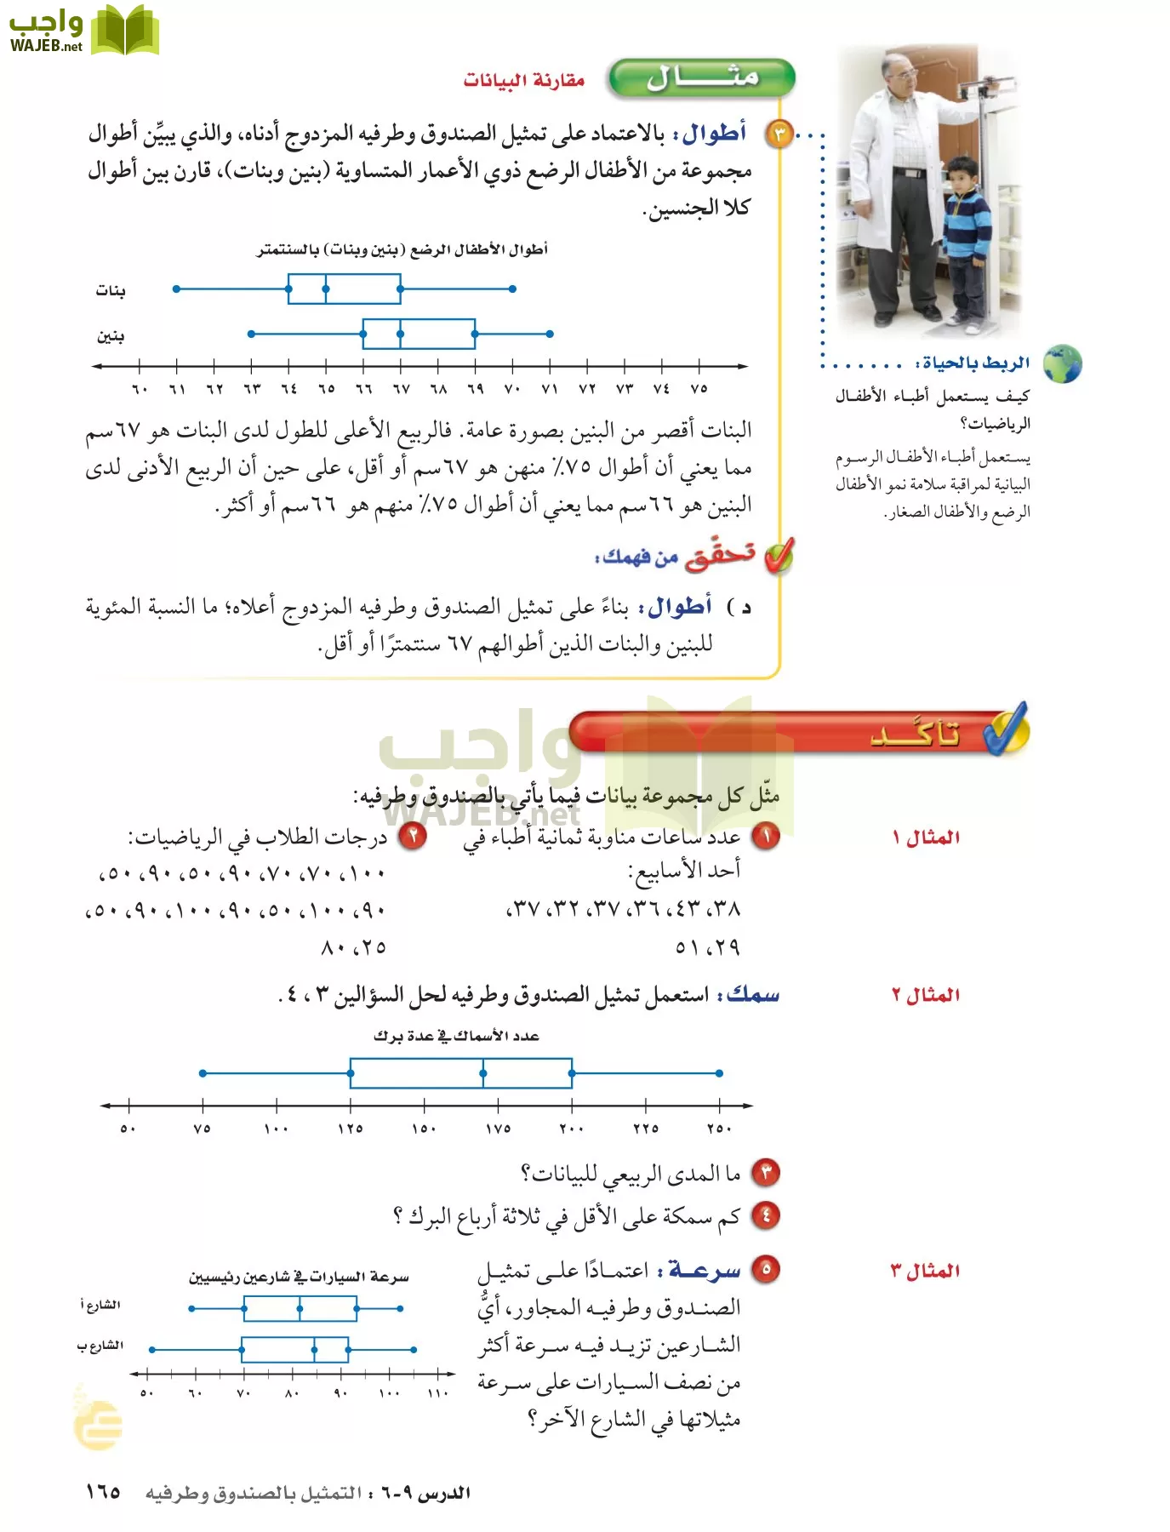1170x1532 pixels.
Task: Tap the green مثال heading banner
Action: [x=702, y=78]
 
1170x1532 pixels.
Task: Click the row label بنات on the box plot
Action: [x=111, y=291]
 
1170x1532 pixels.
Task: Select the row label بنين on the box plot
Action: [x=111, y=336]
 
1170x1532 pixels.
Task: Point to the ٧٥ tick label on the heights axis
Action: [x=699, y=389]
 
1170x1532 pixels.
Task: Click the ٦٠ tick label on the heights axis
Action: [x=140, y=389]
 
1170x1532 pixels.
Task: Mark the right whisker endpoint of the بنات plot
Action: [x=512, y=289]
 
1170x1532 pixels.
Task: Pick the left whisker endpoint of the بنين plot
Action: [x=251, y=334]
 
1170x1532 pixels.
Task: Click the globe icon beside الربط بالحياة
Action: [x=1062, y=364]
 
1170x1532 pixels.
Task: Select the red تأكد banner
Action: [x=800, y=732]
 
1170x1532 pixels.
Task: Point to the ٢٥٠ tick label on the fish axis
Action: [x=719, y=1129]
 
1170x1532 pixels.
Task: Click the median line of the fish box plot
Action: [x=483, y=1073]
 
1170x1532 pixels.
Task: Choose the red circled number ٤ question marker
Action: [x=765, y=1215]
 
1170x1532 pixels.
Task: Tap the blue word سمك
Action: [x=753, y=994]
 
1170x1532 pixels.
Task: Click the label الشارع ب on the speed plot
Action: [x=100, y=1346]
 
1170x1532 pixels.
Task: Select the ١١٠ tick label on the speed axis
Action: [x=437, y=1393]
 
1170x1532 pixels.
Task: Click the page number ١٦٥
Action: [x=103, y=1492]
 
